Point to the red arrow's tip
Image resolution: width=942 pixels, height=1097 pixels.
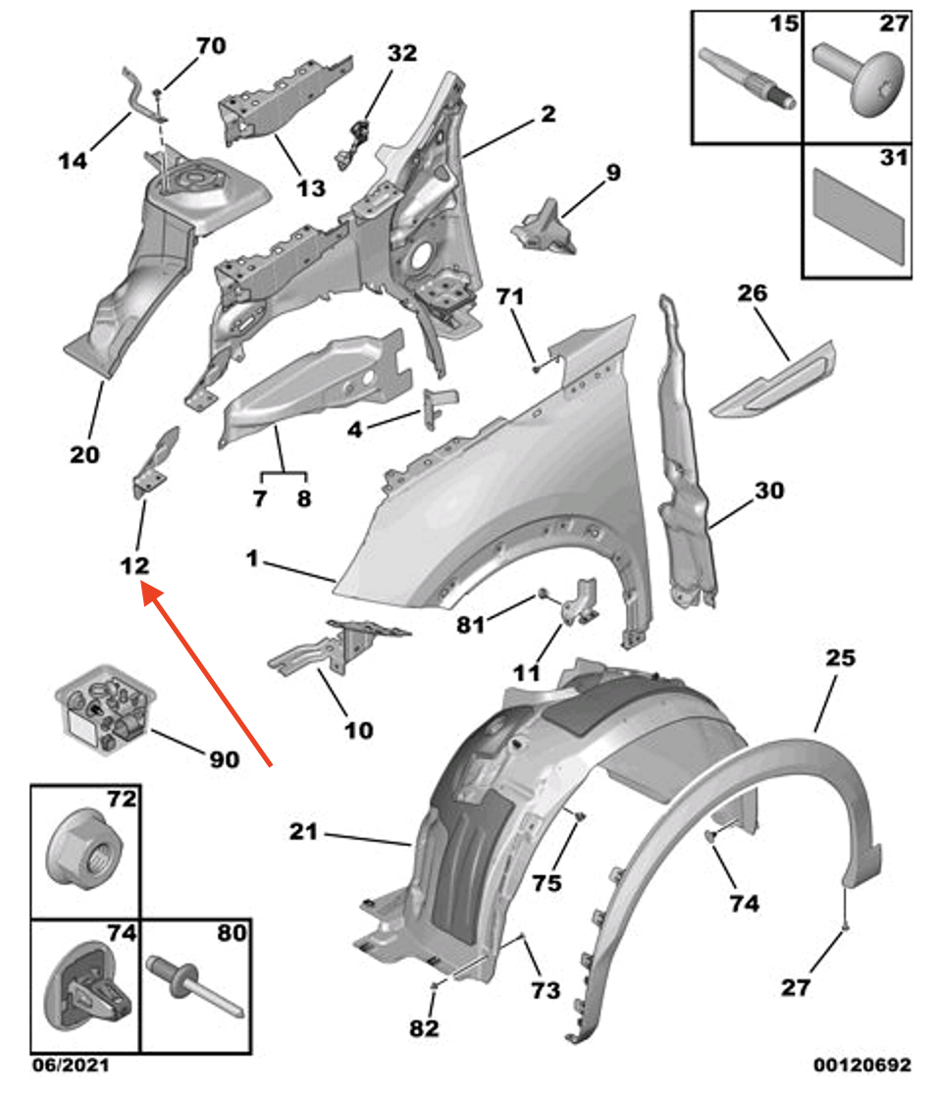pos(147,589)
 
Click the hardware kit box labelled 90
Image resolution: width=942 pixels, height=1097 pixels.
pos(102,713)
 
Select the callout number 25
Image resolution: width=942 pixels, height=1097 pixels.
pos(841,658)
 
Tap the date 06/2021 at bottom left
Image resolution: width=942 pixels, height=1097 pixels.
pos(70,1065)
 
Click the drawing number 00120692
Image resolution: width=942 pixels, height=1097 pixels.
pos(862,1065)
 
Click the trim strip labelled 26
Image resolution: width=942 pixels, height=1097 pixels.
pos(772,382)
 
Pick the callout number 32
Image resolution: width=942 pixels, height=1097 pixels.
pos(401,53)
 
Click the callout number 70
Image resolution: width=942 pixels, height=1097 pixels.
pos(211,45)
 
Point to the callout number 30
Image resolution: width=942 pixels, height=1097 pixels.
pos(769,490)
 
